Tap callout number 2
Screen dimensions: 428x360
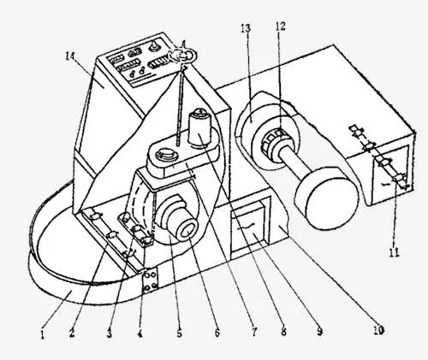coord(72,333)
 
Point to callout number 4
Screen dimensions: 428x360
coord(140,333)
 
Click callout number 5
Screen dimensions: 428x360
coord(179,333)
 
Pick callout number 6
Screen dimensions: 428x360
coord(217,332)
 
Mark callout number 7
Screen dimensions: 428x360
coord(254,331)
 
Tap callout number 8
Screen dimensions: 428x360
coord(283,331)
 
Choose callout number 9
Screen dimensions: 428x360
coord(319,331)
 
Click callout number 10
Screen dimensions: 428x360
coord(378,330)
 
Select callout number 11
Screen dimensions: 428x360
coord(395,252)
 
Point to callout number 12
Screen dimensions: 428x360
coord(280,27)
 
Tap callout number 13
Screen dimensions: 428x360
coord(246,28)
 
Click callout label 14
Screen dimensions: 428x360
coord(69,56)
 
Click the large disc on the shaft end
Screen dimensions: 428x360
coord(327,198)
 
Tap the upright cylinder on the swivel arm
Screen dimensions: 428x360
coord(201,127)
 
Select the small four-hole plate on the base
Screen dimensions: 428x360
coord(150,280)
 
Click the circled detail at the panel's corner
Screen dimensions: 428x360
coord(183,55)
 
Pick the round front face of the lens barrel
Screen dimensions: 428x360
coord(187,230)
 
